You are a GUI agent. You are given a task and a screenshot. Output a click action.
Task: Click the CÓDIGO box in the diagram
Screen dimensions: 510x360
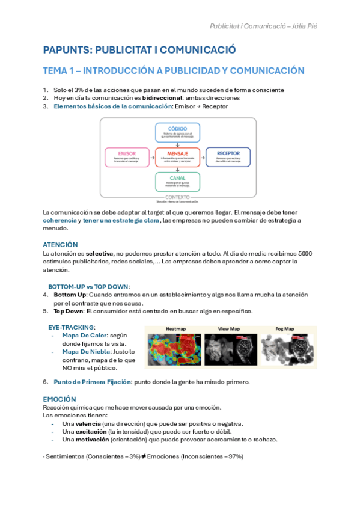[x=177, y=132]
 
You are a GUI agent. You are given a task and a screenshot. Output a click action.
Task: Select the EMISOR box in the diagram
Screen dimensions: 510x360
[x=126, y=157]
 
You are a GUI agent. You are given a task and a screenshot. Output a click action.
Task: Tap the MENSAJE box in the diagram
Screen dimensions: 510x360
[x=177, y=157]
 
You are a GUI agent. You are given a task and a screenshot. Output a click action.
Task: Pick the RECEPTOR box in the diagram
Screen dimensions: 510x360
[x=228, y=157]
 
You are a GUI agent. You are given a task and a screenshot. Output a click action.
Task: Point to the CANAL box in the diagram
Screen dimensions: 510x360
[x=177, y=182]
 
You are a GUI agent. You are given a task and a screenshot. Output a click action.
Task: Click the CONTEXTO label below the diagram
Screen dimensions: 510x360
[x=177, y=197]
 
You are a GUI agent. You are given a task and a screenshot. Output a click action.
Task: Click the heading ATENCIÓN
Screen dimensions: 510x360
[x=60, y=245]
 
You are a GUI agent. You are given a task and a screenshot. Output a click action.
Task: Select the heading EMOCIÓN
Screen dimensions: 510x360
[x=59, y=399]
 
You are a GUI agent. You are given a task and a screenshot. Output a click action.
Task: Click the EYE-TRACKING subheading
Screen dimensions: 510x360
[x=72, y=327]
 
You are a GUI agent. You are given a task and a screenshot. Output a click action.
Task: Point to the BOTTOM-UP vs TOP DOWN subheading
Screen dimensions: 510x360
[x=89, y=287]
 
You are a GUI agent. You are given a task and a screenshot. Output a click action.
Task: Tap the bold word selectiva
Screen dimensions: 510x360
[x=100, y=254]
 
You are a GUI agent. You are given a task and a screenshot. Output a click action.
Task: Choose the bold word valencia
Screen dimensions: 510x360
[x=86, y=423]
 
